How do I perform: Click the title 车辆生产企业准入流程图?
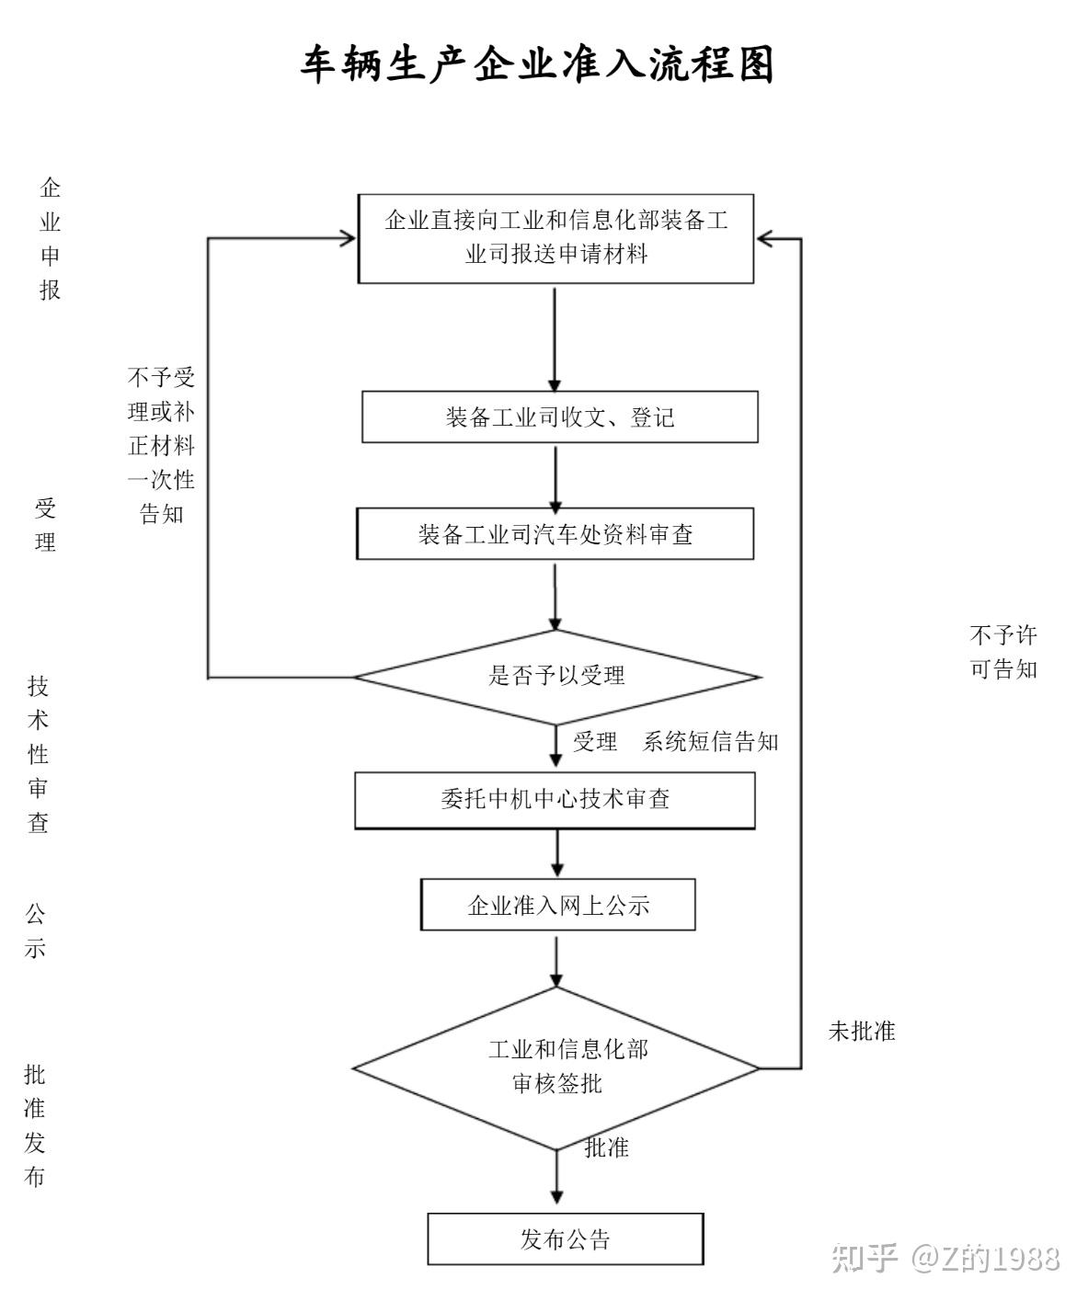[x=538, y=65]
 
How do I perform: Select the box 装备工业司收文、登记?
[x=559, y=417]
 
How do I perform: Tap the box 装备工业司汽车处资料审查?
[x=555, y=534]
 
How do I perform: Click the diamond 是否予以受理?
[x=556, y=677]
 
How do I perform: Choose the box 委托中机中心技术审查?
[x=555, y=800]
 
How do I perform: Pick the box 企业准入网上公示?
[x=557, y=906]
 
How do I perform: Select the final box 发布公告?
[x=565, y=1239]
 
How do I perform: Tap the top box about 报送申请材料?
[x=555, y=238]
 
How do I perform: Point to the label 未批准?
[x=861, y=1032]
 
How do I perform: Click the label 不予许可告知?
[x=1002, y=652]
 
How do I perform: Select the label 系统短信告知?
[x=710, y=742]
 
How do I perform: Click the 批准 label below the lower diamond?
[x=607, y=1147]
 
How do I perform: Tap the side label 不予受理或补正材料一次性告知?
[x=161, y=446]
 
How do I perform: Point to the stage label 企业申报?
[x=50, y=239]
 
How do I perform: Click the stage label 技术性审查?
[x=38, y=754]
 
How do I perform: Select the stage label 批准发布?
[x=35, y=1126]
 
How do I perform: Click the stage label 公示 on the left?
[x=35, y=931]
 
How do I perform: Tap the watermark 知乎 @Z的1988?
[x=945, y=1258]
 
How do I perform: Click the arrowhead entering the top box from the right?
[x=765, y=239]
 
